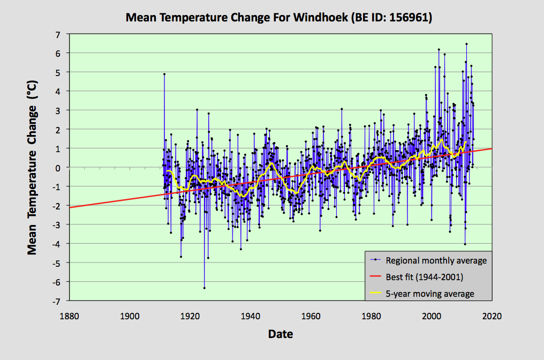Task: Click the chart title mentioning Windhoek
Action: point(278,18)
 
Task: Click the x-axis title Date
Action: point(281,334)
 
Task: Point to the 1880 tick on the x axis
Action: point(69,316)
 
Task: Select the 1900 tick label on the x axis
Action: point(129,316)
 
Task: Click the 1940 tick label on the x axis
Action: point(250,316)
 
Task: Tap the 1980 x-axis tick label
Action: point(371,316)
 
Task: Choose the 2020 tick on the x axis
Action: point(492,316)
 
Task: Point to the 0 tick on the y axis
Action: point(58,167)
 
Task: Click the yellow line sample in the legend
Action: point(376,294)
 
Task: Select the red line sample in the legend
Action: point(376,277)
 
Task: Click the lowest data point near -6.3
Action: point(204,288)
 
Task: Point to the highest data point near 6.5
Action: point(466,44)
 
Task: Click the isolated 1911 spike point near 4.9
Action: point(164,74)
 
